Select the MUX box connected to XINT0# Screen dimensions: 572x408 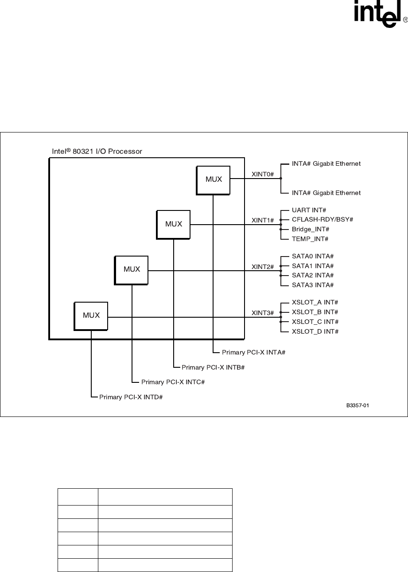click(x=214, y=179)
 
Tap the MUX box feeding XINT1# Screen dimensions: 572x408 click(x=174, y=224)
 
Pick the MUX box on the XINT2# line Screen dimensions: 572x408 click(x=132, y=269)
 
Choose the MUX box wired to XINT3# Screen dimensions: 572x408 click(x=91, y=315)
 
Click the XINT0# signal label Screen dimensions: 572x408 click(x=263, y=174)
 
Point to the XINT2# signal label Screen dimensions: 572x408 click(x=263, y=267)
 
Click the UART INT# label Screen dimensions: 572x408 click(x=309, y=210)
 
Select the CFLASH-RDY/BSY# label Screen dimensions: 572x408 click(x=322, y=219)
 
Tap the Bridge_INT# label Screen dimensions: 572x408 click(x=310, y=229)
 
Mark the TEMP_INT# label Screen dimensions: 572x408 click(x=310, y=239)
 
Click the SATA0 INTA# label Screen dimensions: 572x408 click(x=312, y=256)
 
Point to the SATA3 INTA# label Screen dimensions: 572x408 click(x=312, y=285)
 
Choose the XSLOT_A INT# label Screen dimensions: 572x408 click(x=315, y=302)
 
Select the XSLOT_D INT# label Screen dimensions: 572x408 click(x=315, y=331)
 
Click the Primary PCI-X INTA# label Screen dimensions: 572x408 click(x=253, y=352)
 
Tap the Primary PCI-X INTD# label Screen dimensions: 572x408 click(x=131, y=397)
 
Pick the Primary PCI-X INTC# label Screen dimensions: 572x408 click(x=172, y=382)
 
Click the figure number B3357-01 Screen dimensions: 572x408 click(x=357, y=405)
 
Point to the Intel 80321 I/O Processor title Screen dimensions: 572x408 click(x=97, y=152)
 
